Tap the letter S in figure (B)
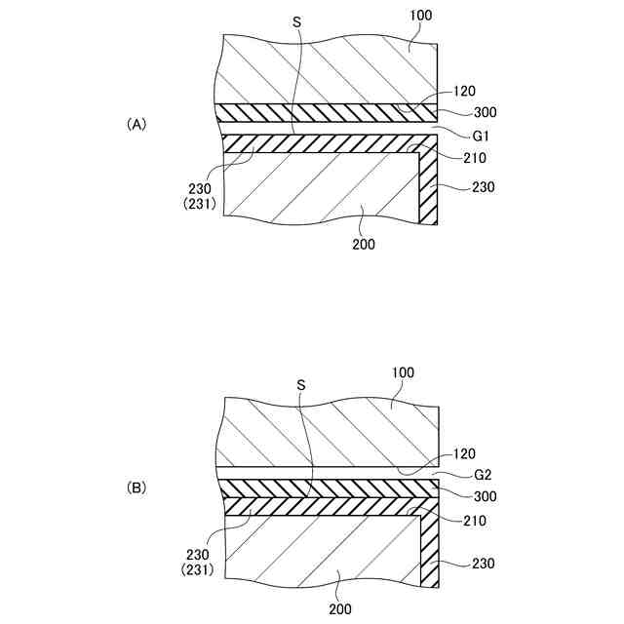pyautogui.click(x=300, y=385)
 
